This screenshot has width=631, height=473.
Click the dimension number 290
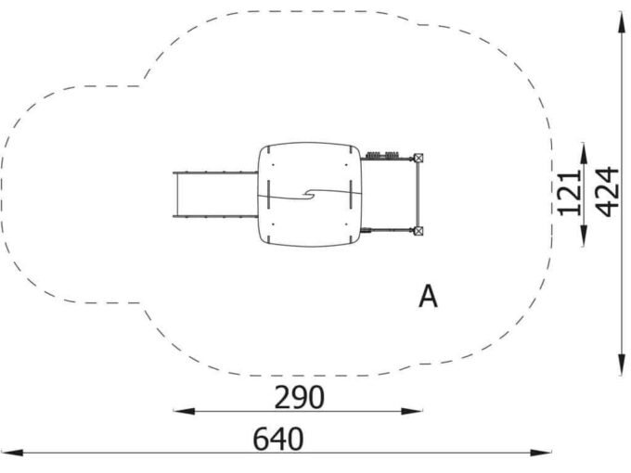pyautogui.click(x=299, y=397)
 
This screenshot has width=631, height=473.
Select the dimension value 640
pyautogui.click(x=278, y=439)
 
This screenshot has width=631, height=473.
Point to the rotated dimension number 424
pyautogui.click(x=607, y=192)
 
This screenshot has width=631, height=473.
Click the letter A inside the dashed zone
pyautogui.click(x=428, y=297)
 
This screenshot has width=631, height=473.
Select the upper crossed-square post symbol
pyautogui.click(x=419, y=158)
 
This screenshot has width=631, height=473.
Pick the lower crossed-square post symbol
pyautogui.click(x=419, y=231)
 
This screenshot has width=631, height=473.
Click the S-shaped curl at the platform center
pyautogui.click(x=311, y=194)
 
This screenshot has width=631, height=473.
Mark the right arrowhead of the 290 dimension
pyautogui.click(x=412, y=411)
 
